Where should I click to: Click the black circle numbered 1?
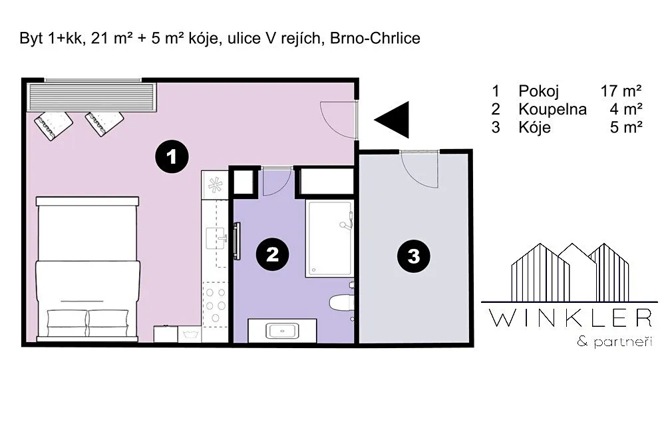pos(172,156)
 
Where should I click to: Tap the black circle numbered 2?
pos(272,254)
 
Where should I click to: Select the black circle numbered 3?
pos(413,256)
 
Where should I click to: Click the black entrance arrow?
pos(392,119)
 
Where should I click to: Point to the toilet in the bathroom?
pos(341,302)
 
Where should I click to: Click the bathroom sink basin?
pos(282,330)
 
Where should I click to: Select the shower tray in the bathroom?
pos(329,238)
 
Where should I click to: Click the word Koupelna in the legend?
pos(553,109)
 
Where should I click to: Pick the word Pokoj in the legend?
pos(539,91)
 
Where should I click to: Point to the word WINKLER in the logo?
pos(570,318)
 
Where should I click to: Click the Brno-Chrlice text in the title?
pos(375,38)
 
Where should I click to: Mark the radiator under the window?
pos(91,97)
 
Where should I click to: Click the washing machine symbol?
pos(190,334)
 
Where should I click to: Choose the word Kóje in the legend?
pos(534,127)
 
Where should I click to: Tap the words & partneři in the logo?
pos(615,341)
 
